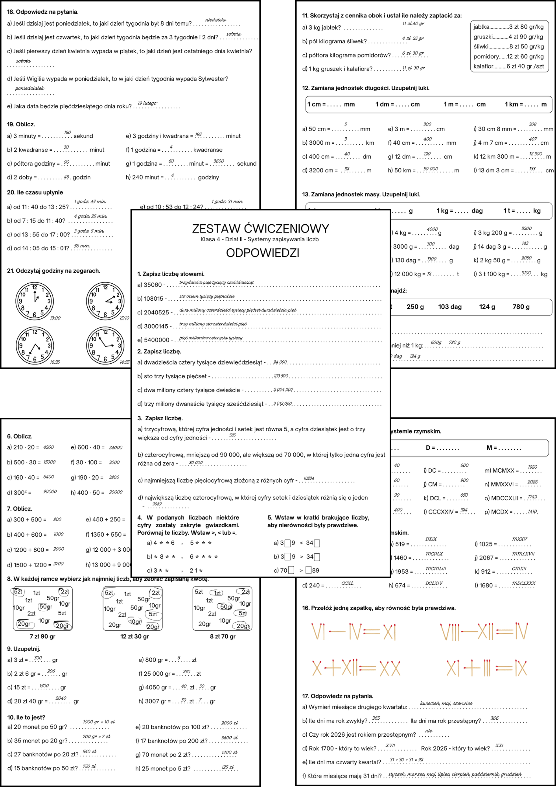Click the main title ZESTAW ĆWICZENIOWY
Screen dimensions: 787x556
260,229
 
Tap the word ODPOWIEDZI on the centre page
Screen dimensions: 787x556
263,253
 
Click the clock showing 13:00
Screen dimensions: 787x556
35,301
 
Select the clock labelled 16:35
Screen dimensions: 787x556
35,345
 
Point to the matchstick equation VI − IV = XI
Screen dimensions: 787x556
353,632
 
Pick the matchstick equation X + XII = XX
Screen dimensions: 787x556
356,668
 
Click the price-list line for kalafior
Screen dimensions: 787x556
508,66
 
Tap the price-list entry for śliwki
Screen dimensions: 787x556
508,46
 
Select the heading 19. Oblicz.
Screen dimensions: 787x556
21,124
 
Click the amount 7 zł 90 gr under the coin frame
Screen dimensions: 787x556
42,636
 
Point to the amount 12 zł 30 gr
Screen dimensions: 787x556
134,636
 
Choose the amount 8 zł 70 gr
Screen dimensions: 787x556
223,636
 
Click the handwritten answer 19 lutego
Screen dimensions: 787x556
147,103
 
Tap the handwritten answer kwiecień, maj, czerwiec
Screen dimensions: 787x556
446,703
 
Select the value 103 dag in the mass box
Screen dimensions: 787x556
450,307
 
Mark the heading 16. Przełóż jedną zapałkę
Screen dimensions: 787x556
379,608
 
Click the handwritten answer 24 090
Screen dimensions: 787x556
280,362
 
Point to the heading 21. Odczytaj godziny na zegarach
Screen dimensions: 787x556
53,271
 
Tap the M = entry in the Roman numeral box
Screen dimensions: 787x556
504,448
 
